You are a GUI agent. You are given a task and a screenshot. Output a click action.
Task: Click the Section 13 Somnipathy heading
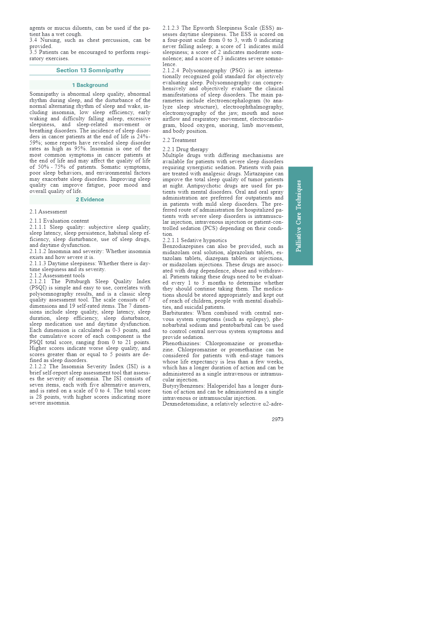90,70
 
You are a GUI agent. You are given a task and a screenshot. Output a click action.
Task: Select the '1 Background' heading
90,85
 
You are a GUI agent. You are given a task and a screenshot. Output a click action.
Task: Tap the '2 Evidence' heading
90,200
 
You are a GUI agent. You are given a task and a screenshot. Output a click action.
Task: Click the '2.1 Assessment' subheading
48,212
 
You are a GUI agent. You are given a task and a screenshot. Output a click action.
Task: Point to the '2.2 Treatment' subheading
179,140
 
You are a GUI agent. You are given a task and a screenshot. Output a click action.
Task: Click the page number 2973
277,419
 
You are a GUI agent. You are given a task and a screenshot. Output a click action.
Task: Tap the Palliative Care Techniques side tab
300,216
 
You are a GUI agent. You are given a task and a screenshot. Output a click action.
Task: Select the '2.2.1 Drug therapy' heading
185,149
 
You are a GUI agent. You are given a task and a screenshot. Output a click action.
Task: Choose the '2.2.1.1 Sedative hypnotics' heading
195,240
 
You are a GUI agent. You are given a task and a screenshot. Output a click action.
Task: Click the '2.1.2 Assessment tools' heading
57,275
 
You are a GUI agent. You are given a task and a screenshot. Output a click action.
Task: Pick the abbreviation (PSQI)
37,288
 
